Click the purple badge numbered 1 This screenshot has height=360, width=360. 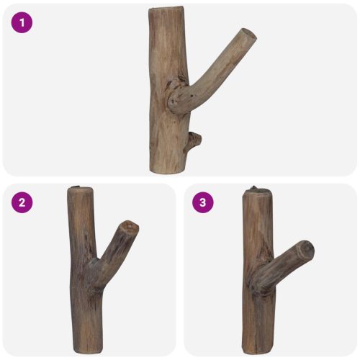22,22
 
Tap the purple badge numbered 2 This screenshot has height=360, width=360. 22,202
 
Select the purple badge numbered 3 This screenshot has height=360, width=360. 202,202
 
